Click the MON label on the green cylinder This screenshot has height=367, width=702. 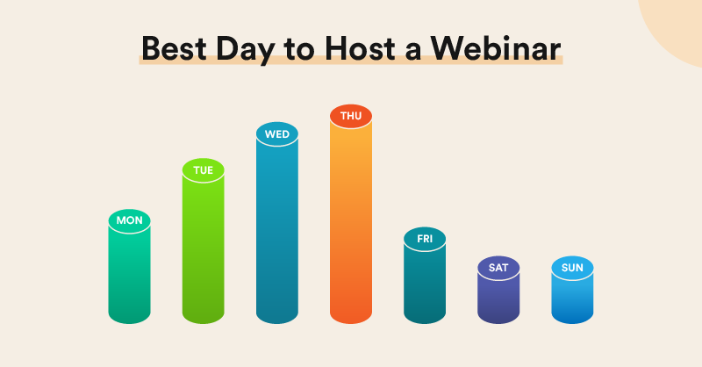point(130,220)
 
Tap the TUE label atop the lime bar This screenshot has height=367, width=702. point(204,169)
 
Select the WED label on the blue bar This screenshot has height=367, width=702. point(277,134)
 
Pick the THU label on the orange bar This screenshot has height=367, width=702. point(351,115)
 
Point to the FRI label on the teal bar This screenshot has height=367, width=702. point(425,238)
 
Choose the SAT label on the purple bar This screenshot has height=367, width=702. point(498,267)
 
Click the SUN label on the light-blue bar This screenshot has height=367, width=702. point(572,267)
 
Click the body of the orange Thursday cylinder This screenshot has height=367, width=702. point(351,228)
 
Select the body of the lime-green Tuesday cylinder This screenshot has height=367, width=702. point(204,255)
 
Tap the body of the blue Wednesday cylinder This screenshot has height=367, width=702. point(277,237)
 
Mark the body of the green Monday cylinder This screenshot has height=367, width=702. point(130,277)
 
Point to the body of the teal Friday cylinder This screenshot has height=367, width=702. point(425,285)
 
